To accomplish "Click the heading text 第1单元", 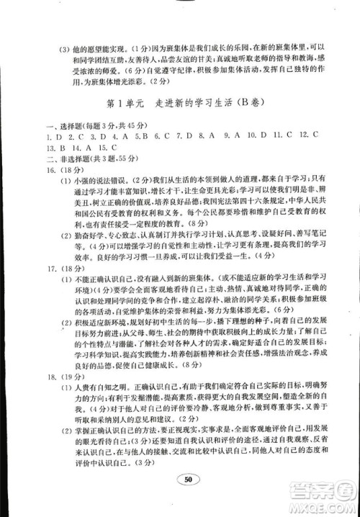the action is pyautogui.click(x=127, y=103).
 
